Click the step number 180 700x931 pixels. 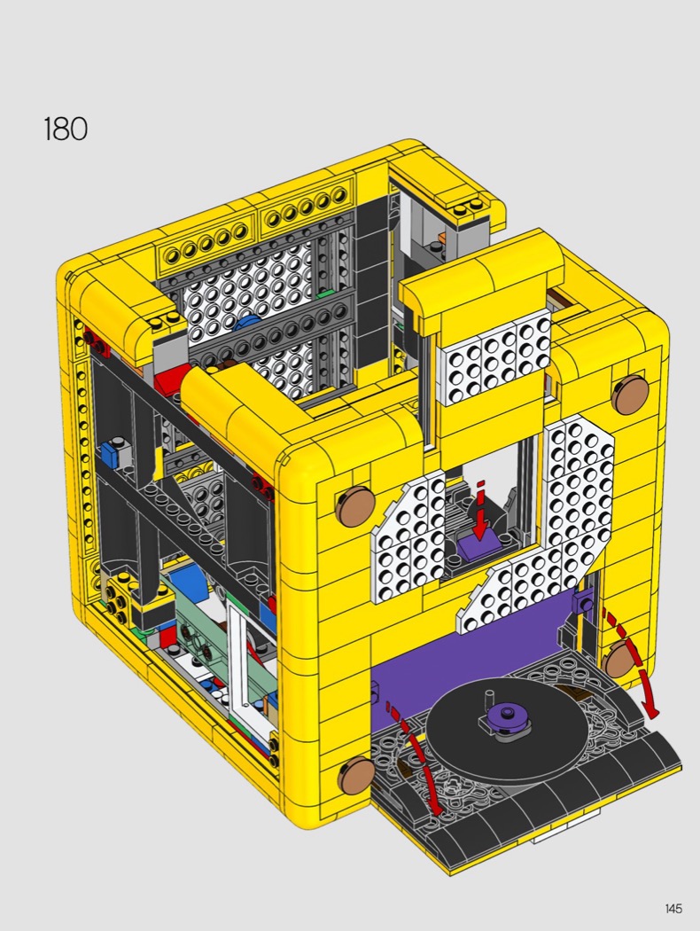pyautogui.click(x=66, y=129)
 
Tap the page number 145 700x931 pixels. pyautogui.click(x=673, y=908)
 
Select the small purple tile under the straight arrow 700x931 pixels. pyautogui.click(x=478, y=545)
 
